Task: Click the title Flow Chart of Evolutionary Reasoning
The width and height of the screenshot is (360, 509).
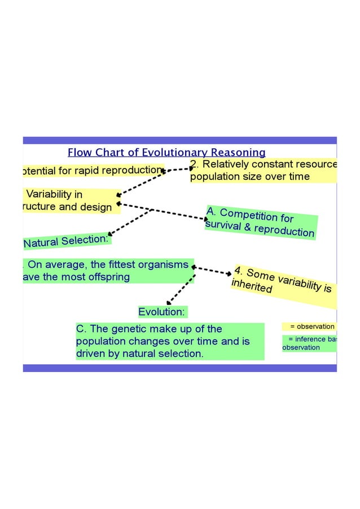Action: [166, 152]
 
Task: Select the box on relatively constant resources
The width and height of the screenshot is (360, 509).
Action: [263, 170]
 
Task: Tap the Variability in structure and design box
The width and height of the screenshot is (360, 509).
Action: [70, 201]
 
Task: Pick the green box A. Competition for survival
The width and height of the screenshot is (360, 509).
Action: [260, 222]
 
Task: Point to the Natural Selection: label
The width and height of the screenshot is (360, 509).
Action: [67, 241]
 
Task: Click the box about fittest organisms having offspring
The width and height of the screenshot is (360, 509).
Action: [107, 271]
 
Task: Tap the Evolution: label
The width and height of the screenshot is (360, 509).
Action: [163, 312]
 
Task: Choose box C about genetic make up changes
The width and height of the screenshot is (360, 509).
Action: [169, 341]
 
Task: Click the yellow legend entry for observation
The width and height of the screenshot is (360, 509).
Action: [309, 326]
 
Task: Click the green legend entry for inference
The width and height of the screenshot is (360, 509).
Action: [309, 343]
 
